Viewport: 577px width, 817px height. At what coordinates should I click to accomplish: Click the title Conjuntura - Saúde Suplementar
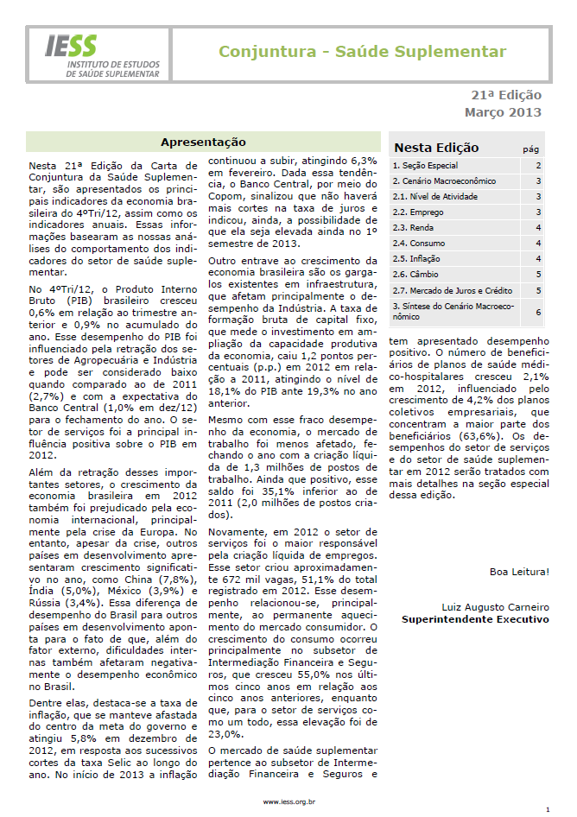pos(362,53)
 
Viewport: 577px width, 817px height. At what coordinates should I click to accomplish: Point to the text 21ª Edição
pos(505,96)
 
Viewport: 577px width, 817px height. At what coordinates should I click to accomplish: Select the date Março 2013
pos(503,112)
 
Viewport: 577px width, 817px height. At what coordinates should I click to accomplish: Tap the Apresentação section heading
pos(203,142)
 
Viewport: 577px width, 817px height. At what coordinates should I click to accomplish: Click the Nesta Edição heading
pos(436,148)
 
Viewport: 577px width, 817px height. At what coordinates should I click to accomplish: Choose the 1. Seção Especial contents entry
pos(425,165)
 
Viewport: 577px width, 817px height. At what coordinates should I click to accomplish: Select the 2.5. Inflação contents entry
pos(416,259)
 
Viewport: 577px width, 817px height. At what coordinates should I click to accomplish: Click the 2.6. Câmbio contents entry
pos(415,275)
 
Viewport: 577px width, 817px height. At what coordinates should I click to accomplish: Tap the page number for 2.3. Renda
pos(538,228)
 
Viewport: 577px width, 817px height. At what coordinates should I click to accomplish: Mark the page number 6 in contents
pos(538,311)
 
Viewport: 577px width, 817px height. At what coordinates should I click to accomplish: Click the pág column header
pos(531,149)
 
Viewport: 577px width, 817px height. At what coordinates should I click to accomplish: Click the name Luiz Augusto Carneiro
pos(495,607)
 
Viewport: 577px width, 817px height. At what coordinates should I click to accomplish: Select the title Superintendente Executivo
pos(475,619)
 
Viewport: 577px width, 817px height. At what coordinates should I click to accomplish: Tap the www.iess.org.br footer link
pos(288,801)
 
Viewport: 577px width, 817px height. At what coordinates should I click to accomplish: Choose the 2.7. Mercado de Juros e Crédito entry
pos(453,290)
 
